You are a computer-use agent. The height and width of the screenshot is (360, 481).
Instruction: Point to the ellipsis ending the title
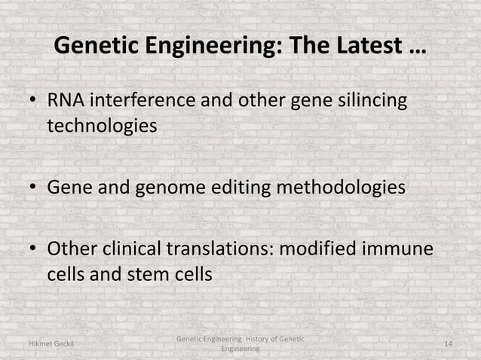415,50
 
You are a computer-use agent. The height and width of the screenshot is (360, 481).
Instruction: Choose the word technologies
103,126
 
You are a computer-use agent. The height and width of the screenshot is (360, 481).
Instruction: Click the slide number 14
448,344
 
